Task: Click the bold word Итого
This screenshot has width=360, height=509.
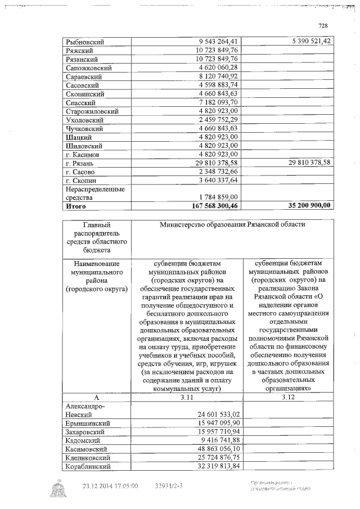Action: click(75, 206)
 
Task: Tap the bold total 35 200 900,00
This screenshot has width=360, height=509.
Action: click(301, 206)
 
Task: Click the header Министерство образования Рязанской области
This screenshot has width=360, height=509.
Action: click(232, 225)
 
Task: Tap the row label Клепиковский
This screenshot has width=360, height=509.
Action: click(89, 457)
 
